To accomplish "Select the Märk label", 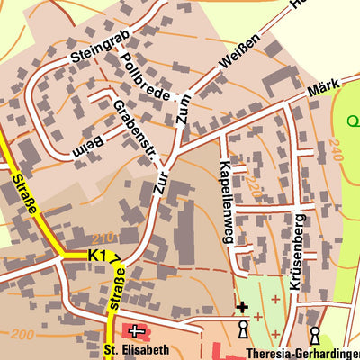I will [x=322, y=87].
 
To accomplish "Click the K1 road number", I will [x=97, y=256].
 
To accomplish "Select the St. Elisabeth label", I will [x=136, y=350].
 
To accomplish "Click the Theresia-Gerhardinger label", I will [x=301, y=352].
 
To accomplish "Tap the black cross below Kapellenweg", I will [x=241, y=308].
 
